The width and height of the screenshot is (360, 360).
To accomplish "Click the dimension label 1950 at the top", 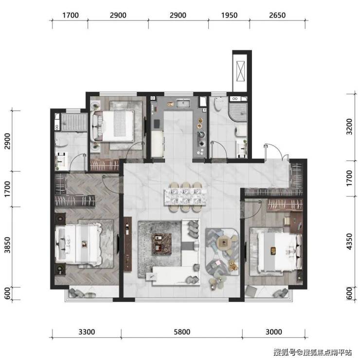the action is tap(229, 16).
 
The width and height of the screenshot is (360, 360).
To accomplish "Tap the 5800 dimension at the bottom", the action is tap(182, 332).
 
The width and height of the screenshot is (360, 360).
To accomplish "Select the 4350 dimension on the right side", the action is tap(349, 241).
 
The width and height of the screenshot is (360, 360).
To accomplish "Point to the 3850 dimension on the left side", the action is tap(7, 245).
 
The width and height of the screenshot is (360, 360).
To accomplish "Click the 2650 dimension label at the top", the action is tap(277, 16).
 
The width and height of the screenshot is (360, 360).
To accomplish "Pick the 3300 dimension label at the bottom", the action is tap(87, 332).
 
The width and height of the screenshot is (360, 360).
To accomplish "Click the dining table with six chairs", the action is tap(185, 197).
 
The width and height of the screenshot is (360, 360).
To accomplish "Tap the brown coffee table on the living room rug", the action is tap(162, 244).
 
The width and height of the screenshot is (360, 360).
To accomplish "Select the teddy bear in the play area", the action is tap(233, 266).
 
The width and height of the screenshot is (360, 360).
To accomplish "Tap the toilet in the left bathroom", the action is tap(61, 142).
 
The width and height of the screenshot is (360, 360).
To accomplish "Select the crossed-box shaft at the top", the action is tap(240, 71).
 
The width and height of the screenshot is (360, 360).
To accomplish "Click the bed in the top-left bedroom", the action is tap(113, 126).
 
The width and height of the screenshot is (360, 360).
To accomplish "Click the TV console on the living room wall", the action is tap(127, 244).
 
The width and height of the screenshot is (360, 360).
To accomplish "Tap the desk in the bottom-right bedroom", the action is tap(296, 222).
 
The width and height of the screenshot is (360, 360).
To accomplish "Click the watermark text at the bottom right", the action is tap(312, 352).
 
